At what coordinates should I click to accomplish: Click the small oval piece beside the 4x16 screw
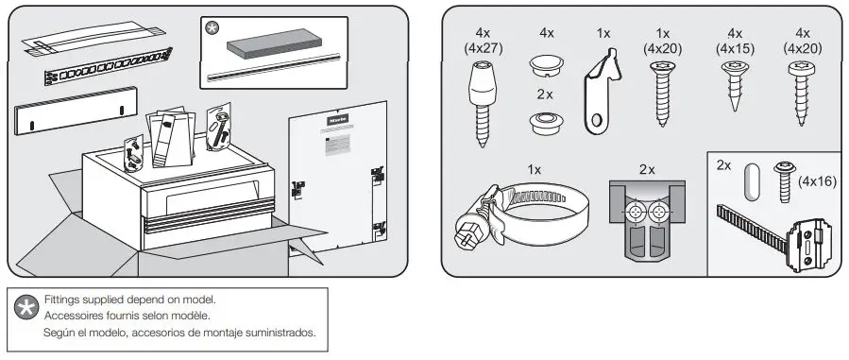[752, 180]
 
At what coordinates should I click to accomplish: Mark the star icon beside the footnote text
[23, 308]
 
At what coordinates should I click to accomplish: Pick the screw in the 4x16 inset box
[782, 179]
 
